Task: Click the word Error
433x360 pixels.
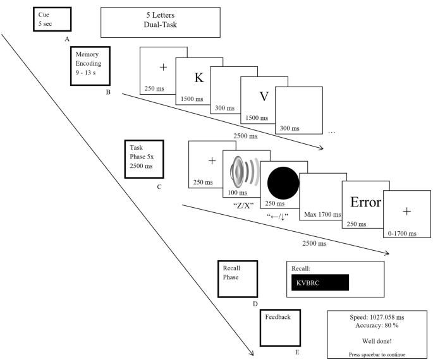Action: (365, 203)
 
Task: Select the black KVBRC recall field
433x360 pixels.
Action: (319, 282)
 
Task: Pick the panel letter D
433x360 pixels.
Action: (255, 304)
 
